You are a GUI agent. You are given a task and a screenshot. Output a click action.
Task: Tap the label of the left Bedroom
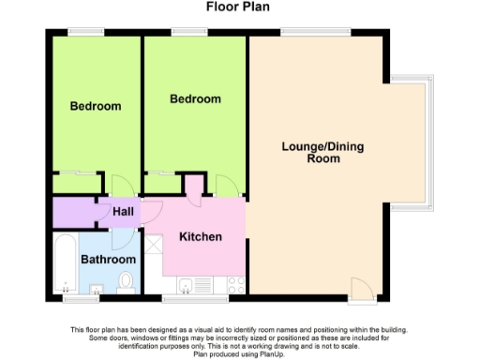96,106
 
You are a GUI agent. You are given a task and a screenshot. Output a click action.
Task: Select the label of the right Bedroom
195,98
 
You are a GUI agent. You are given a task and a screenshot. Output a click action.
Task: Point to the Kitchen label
201,236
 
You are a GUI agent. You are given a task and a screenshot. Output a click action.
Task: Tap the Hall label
123,212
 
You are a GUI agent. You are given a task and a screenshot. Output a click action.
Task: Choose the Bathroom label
108,259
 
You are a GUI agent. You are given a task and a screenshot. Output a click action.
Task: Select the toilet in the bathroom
128,279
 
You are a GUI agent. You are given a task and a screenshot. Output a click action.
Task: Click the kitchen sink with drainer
192,286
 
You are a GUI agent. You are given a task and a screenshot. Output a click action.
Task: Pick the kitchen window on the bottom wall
195,299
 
